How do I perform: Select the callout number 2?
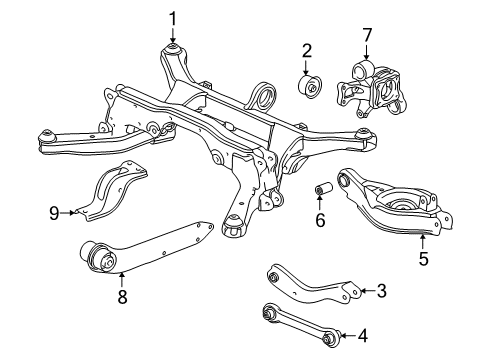(x=308, y=49)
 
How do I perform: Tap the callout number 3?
(x=381, y=291)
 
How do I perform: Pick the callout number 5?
(x=424, y=257)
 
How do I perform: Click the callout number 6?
(x=320, y=218)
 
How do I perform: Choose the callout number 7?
(x=367, y=38)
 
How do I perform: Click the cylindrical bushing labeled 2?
(x=309, y=86)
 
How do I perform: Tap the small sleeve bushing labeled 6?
(x=323, y=190)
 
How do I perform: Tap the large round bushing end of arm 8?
(x=102, y=259)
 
